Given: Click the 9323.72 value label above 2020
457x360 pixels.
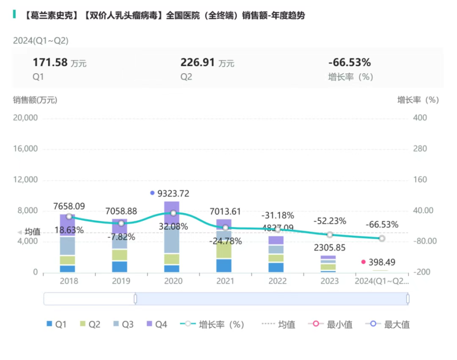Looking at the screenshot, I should (173, 194).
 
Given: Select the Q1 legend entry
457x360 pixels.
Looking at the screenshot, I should (56, 324).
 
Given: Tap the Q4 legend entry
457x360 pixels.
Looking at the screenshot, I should (156, 324).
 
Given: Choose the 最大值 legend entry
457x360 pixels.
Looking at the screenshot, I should (388, 324).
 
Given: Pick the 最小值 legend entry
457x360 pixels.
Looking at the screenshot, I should (331, 324).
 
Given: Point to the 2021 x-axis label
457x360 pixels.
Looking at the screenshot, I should (225, 281).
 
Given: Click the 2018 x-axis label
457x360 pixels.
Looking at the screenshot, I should (69, 281).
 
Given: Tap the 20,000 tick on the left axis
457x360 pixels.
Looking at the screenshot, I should (25, 118).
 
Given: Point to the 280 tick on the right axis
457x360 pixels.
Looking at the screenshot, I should (420, 149).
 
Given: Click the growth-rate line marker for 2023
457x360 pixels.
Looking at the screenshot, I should (330, 235).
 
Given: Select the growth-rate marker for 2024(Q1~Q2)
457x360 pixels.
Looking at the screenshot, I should (382, 239).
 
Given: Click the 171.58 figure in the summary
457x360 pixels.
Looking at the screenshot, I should (50, 63).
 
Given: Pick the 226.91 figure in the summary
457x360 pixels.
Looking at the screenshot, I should (198, 63).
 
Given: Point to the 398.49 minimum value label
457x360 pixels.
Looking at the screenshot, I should (382, 262).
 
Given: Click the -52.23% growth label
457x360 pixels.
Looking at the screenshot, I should (330, 221).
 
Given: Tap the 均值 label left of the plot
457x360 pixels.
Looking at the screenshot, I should (32, 232).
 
